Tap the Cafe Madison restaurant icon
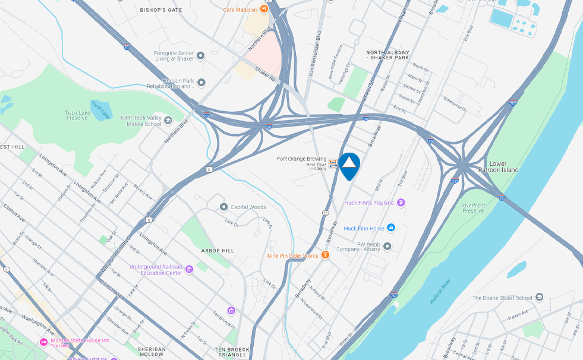[264, 10]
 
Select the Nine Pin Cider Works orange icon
[325, 255]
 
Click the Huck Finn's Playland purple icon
[401, 203]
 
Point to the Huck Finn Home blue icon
[391, 228]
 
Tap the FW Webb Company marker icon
[387, 245]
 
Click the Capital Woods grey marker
[224, 207]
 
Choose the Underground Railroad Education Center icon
[189, 269]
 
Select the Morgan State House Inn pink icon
[43, 342]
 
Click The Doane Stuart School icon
[539, 297]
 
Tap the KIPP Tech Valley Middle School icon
[168, 121]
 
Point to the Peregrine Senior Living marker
[201, 56]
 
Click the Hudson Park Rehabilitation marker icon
[201, 83]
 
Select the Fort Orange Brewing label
[301, 159]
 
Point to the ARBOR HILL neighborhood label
[218, 251]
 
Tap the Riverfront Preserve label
[473, 207]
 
